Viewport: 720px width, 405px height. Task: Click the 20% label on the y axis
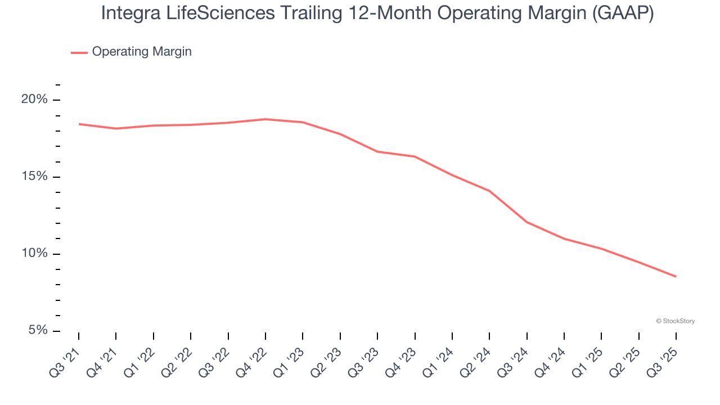(x=34, y=100)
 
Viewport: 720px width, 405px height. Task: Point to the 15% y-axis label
(x=34, y=177)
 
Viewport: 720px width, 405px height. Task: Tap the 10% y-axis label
(x=34, y=254)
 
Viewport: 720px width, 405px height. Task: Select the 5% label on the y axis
(x=38, y=330)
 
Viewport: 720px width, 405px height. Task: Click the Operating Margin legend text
(x=142, y=52)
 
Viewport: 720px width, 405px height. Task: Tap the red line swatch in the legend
(x=79, y=52)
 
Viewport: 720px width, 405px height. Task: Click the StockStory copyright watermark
(x=675, y=321)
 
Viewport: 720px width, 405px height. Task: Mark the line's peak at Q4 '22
(x=265, y=119)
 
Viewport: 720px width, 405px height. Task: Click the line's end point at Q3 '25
(x=676, y=276)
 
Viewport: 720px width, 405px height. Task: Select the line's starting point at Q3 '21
(x=79, y=124)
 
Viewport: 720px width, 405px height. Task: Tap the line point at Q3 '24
(x=526, y=222)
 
